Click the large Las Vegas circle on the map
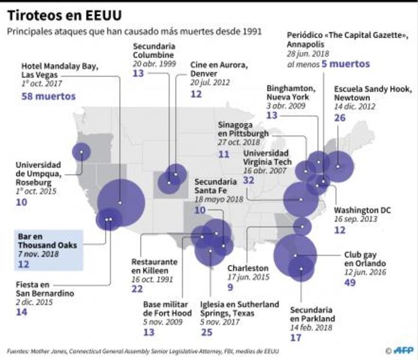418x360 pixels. pyautogui.click(x=120, y=202)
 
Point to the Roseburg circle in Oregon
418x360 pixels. pyautogui.click(x=82, y=152)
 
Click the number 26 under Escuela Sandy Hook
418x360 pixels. pyautogui.click(x=340, y=118)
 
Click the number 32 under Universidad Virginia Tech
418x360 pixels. pyautogui.click(x=250, y=180)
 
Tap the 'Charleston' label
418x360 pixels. pyautogui.click(x=248, y=268)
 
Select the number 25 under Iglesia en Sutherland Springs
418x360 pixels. pyautogui.click(x=206, y=332)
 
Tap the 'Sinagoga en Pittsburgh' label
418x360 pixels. pyautogui.click(x=243, y=129)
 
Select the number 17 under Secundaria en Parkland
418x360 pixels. pyautogui.click(x=296, y=337)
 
